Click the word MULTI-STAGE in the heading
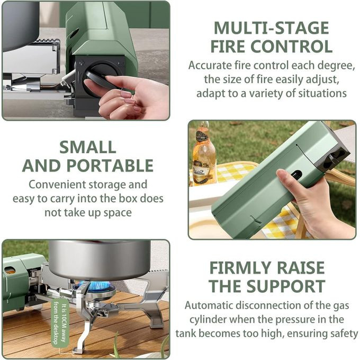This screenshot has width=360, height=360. tap(272, 28)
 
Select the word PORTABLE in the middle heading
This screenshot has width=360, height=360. tap(110, 165)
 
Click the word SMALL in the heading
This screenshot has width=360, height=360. tap(88, 147)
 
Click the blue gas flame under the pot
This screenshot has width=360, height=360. tap(97, 286)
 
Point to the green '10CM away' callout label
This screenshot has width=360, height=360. tap(59, 324)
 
